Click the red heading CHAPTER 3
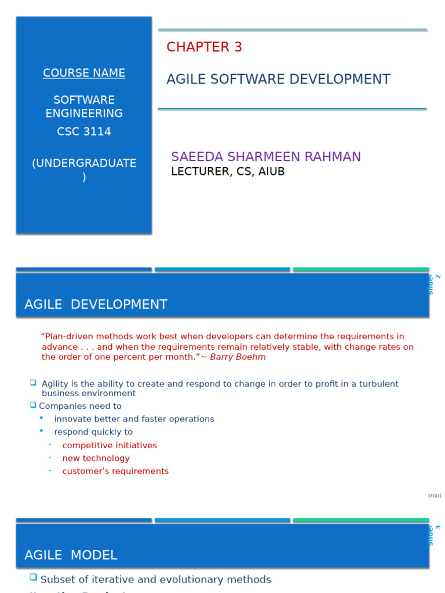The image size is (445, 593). click(204, 47)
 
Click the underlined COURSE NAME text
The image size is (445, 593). click(84, 73)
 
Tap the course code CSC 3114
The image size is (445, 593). click(84, 131)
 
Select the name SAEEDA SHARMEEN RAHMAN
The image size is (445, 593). click(265, 157)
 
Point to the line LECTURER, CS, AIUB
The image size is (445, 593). click(228, 172)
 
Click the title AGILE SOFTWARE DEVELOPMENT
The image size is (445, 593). click(278, 79)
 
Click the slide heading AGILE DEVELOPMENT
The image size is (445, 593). click(96, 305)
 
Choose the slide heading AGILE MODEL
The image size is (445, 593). click(71, 555)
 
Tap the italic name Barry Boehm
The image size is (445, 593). click(238, 357)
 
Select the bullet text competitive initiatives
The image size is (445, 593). click(110, 445)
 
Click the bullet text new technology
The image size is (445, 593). click(96, 458)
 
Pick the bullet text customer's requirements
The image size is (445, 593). click(115, 471)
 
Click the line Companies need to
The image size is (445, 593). click(80, 407)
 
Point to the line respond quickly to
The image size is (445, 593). click(93, 432)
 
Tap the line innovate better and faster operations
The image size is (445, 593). click(134, 419)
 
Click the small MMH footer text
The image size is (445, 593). click(435, 496)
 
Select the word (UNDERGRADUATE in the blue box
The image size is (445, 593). click(84, 163)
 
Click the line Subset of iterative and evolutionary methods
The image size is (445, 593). click(155, 580)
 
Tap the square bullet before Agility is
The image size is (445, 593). click(33, 383)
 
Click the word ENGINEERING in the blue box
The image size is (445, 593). click(84, 114)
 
